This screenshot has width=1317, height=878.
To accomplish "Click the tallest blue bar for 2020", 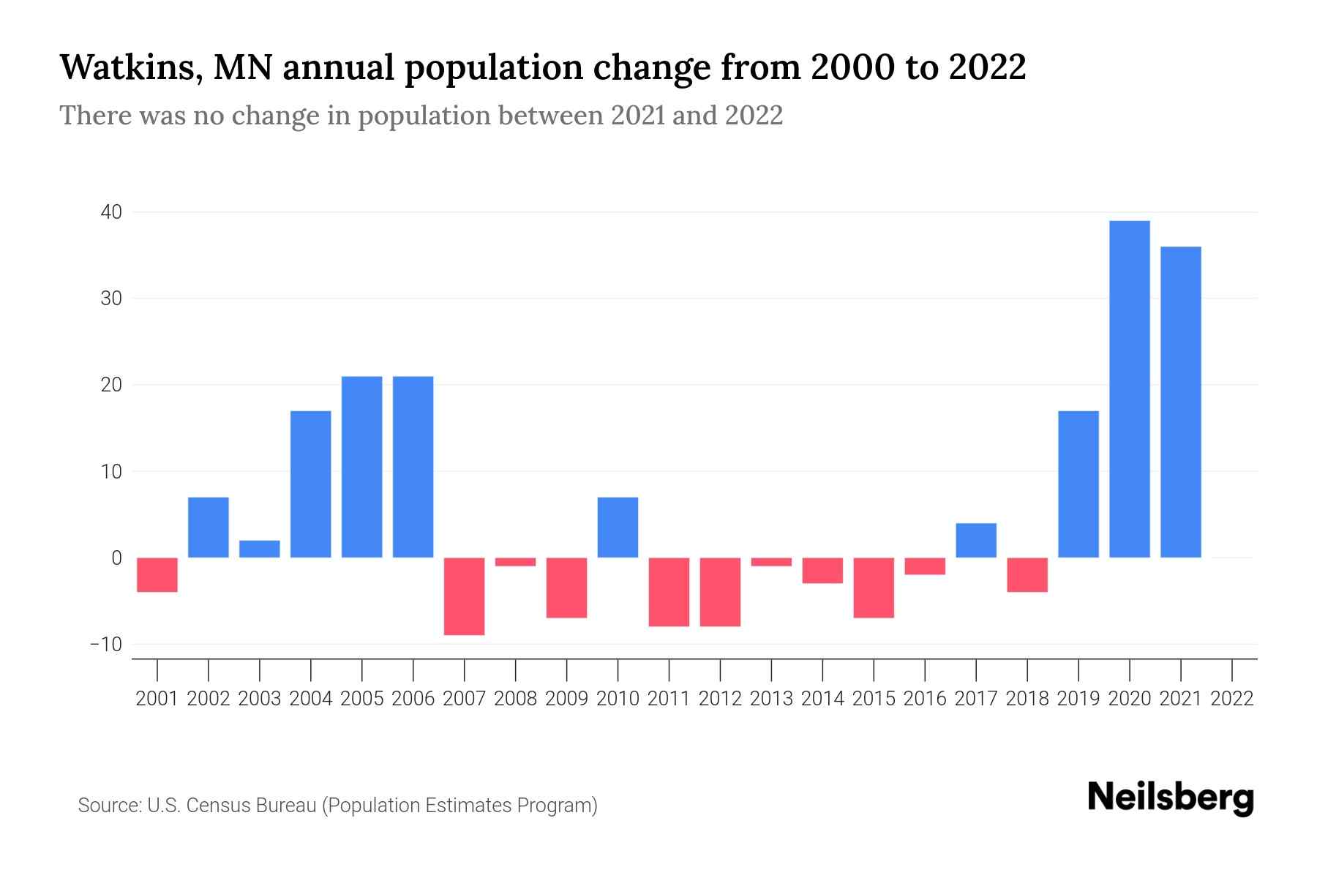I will click(1129, 389).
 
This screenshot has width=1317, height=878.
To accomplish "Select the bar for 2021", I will click(1180, 402).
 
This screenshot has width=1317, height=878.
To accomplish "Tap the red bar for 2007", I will click(464, 596).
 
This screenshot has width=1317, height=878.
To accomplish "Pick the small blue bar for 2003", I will click(260, 549).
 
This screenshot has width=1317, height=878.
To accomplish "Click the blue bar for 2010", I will click(618, 528).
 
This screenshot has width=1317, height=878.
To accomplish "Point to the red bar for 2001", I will click(157, 575).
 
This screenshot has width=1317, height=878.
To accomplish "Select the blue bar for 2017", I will click(975, 540).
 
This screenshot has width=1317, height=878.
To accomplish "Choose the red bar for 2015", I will click(873, 588).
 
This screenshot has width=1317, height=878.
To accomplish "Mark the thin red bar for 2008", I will click(515, 562).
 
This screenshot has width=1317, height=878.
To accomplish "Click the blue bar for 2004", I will click(310, 484).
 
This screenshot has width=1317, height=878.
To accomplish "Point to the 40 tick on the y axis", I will click(111, 212).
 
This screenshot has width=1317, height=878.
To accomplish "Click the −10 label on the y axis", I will click(105, 645).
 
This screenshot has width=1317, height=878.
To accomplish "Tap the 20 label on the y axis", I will click(111, 385).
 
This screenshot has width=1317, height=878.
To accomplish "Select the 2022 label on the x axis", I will click(1232, 699).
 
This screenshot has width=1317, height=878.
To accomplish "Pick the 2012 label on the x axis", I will click(720, 699).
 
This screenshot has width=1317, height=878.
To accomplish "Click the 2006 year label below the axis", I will click(413, 699).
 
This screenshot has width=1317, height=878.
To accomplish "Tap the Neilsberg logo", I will click(1170, 798).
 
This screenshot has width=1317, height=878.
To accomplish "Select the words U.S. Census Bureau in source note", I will click(232, 806).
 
